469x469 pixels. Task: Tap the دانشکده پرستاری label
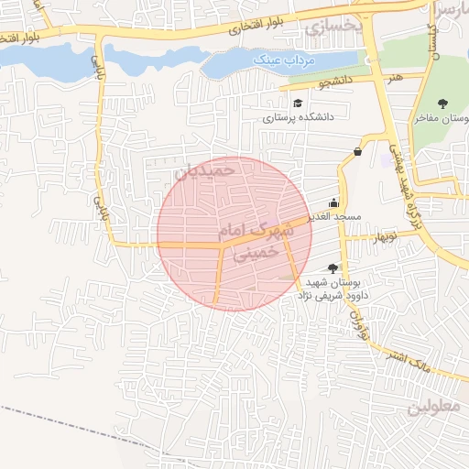pyautogui.click(x=299, y=117)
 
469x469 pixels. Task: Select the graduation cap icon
pyautogui.click(x=298, y=102)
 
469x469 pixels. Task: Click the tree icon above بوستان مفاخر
pyautogui.click(x=443, y=104)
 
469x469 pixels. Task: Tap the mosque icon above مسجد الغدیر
pyautogui.click(x=333, y=203)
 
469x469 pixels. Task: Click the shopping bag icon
pyautogui.click(x=357, y=151)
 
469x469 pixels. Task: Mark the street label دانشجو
pyautogui.click(x=335, y=84)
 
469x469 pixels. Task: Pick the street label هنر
pyautogui.click(x=395, y=79)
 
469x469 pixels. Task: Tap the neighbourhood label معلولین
pyautogui.click(x=436, y=405)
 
